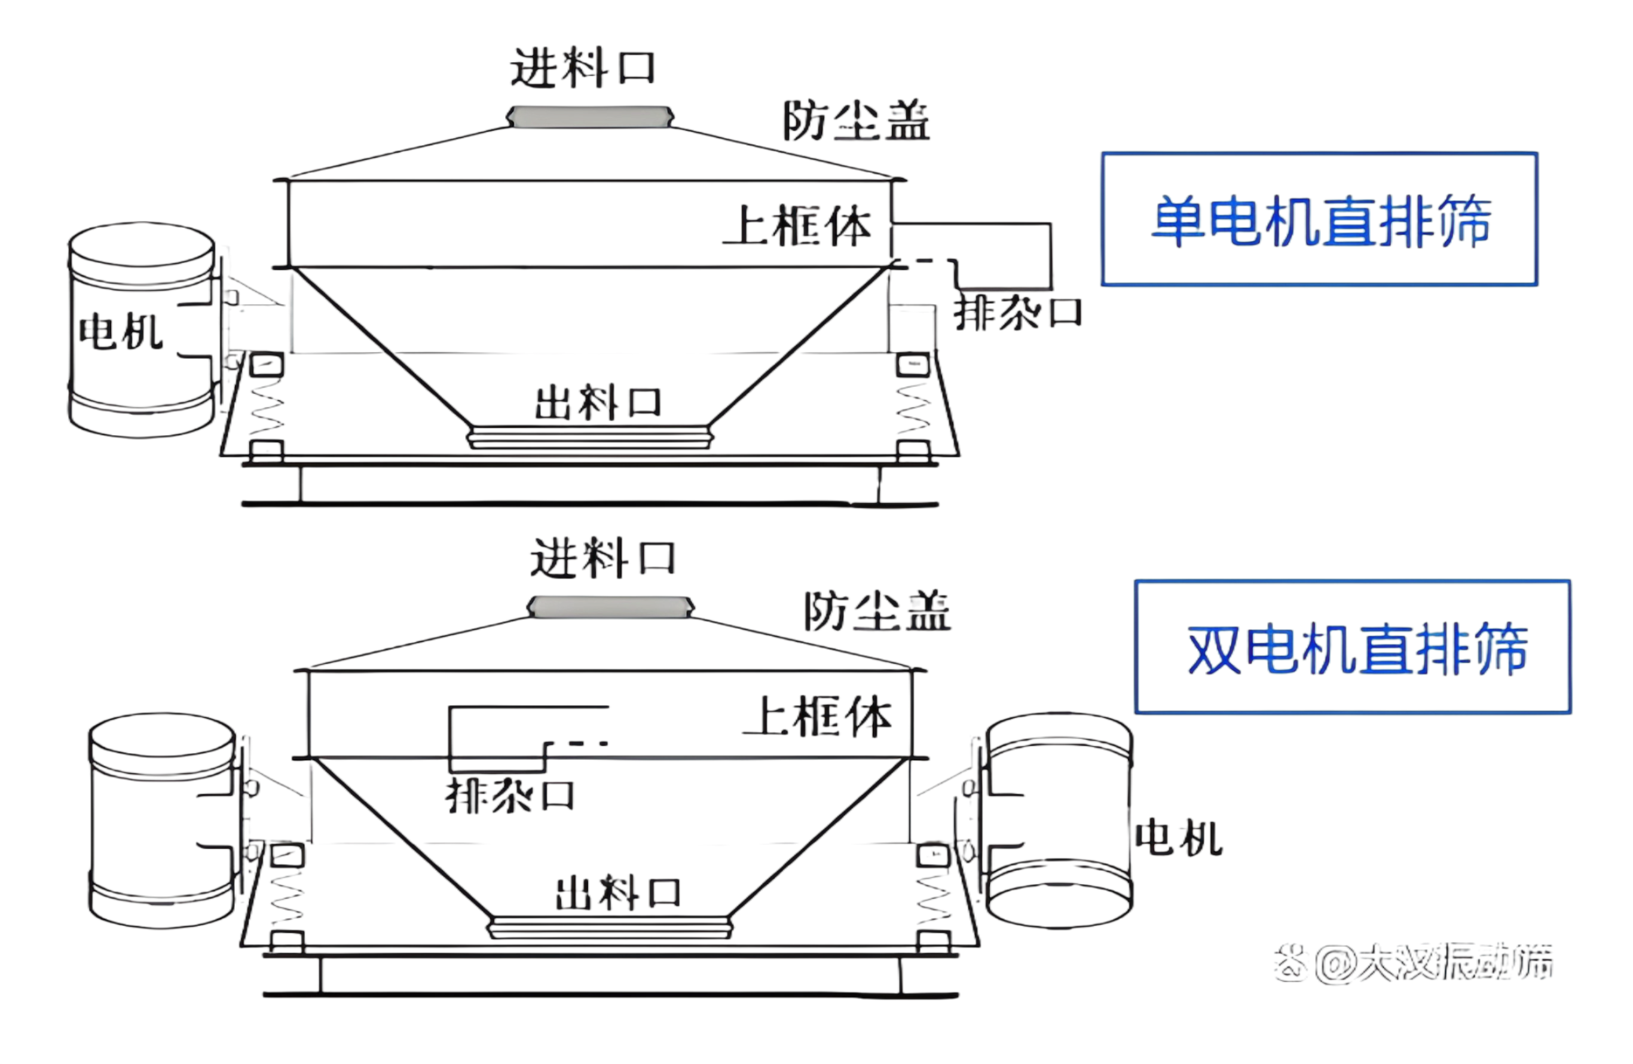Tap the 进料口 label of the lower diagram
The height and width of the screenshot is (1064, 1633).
tap(603, 558)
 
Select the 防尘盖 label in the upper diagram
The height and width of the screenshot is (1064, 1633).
tap(857, 121)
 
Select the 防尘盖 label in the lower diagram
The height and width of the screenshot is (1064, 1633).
tap(877, 612)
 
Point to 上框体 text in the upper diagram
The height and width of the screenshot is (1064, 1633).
tap(797, 226)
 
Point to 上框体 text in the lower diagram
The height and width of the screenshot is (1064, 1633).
tap(818, 717)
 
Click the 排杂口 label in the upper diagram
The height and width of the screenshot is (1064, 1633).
tap(1017, 313)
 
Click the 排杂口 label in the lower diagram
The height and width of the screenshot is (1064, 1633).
tap(510, 796)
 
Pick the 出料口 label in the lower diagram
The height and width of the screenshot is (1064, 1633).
tap(617, 892)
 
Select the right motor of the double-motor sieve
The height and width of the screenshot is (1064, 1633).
tap(1059, 820)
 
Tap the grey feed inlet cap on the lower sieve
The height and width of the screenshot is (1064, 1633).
tap(610, 607)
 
